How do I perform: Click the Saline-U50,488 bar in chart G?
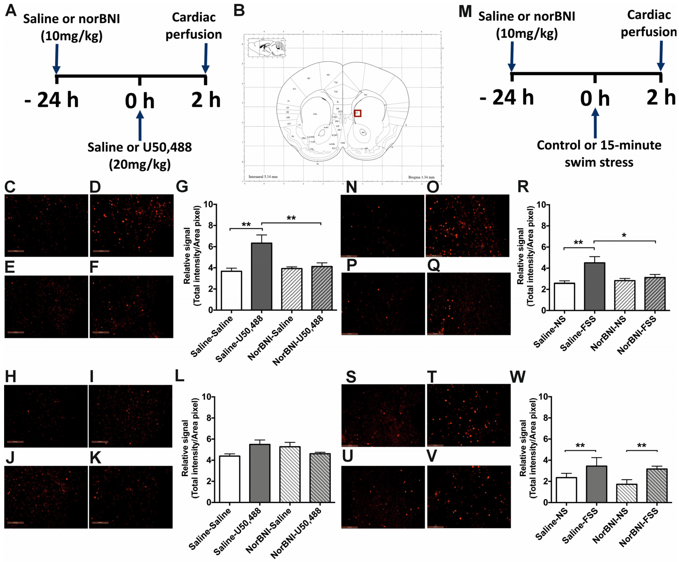coord(262,276)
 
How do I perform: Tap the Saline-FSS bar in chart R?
coord(594,286)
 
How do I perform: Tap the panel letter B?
coord(239,11)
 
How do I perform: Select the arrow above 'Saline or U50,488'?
coord(140,125)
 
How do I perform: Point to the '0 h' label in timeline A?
coord(140,101)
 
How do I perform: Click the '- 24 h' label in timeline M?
coord(506,98)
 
